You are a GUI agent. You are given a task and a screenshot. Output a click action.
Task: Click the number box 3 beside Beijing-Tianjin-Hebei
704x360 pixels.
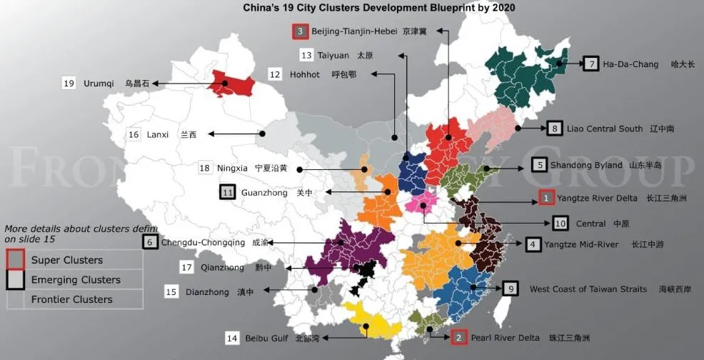coord(300,31)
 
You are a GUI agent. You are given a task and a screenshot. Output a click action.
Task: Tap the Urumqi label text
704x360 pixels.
coord(99,84)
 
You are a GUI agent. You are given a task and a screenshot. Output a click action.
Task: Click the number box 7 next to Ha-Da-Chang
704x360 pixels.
coord(590,64)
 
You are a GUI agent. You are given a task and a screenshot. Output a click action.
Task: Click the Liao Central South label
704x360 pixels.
coord(604,129)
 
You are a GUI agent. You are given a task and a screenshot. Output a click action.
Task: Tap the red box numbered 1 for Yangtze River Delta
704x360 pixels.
coord(545,197)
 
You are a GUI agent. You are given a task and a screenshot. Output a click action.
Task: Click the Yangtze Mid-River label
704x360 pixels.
coord(581,244)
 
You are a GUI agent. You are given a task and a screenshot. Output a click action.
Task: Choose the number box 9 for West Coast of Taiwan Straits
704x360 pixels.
coord(510,289)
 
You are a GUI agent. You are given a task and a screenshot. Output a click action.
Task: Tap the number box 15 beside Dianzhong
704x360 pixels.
coord(171,291)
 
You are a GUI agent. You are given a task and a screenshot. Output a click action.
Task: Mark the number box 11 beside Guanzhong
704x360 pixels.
coord(228,192)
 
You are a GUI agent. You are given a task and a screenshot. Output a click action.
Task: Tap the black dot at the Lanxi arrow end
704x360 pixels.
coord(263,134)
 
